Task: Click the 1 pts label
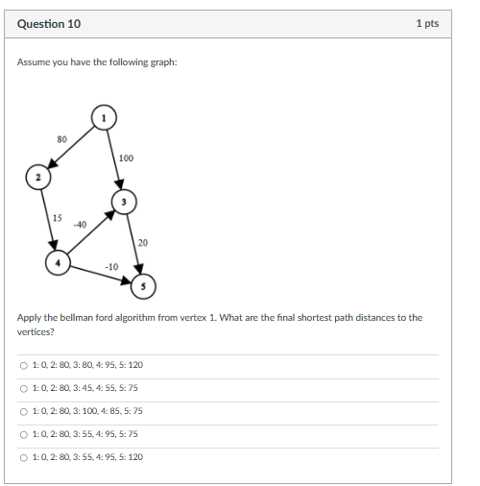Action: click(427, 23)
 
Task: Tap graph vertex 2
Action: click(38, 178)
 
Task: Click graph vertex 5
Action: click(143, 284)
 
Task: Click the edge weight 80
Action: click(61, 139)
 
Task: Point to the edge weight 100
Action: click(126, 158)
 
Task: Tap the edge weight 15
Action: click(58, 218)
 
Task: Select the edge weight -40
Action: click(80, 224)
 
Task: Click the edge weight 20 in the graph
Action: click(142, 242)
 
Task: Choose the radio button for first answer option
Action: click(24, 365)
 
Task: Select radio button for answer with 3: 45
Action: click(24, 388)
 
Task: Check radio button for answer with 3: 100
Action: click(24, 411)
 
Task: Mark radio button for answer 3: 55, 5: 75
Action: click(24, 434)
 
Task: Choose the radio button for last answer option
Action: click(24, 457)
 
